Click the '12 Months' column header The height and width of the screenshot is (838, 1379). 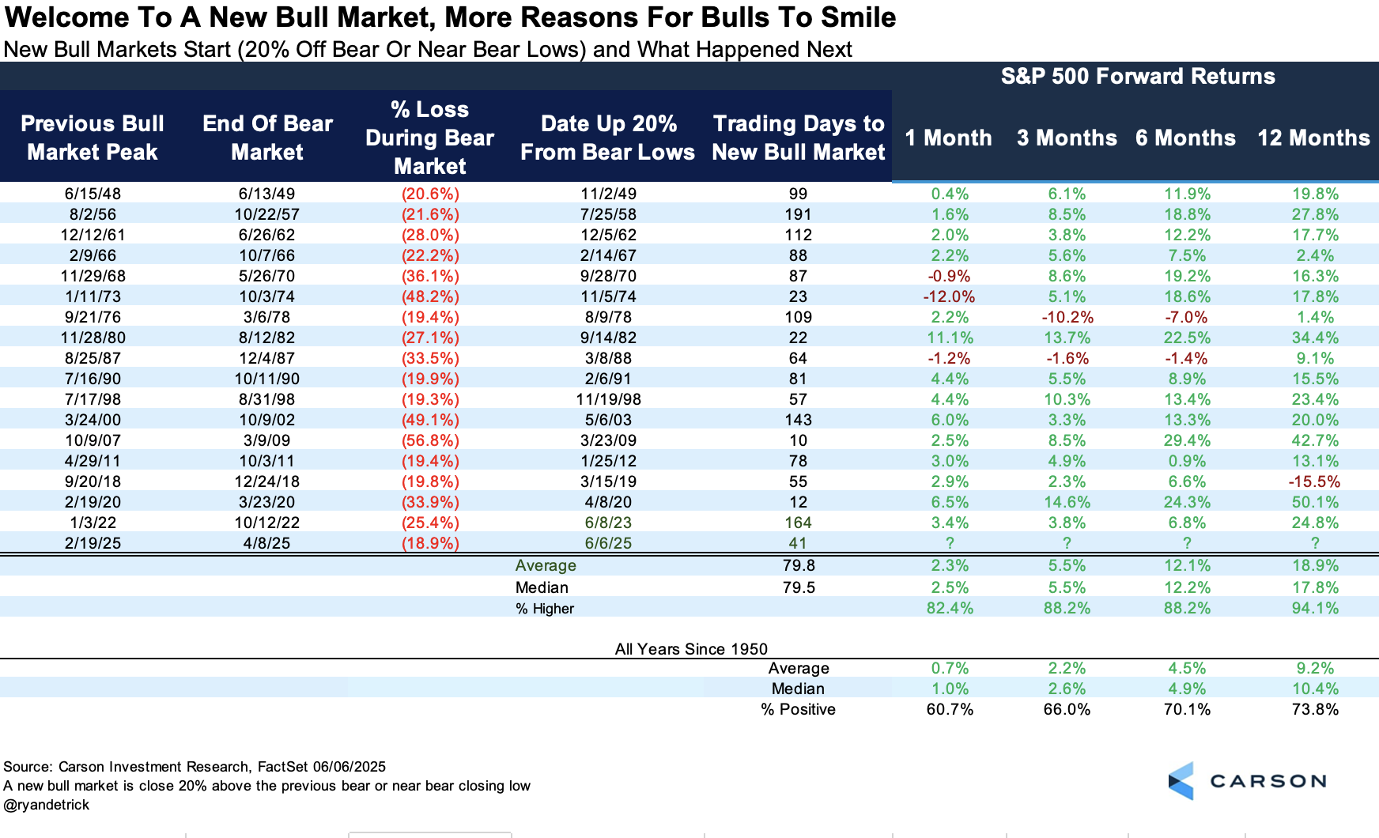point(1313,138)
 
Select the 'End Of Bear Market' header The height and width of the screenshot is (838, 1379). point(267,138)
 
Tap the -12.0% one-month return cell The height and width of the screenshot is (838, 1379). point(949,296)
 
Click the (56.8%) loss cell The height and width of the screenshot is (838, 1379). point(430,440)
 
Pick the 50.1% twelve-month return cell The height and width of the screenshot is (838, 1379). point(1315,502)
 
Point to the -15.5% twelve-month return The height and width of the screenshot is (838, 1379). point(1314,481)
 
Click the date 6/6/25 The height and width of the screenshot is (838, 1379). point(608,543)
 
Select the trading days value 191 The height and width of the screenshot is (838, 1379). point(798,214)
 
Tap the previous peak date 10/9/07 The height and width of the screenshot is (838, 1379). point(93,440)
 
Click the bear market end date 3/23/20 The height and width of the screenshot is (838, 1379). point(267,502)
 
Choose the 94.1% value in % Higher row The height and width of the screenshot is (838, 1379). point(1315,608)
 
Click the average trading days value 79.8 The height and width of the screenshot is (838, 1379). point(799,565)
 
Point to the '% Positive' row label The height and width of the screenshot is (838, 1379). point(798,709)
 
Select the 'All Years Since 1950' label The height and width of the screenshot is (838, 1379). point(691,649)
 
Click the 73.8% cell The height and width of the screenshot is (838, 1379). point(1315,709)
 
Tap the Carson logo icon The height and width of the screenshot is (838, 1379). point(1181,781)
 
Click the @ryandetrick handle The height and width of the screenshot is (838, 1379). point(47,805)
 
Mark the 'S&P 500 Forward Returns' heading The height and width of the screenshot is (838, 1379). point(1138,76)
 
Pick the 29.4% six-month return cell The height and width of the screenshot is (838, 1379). point(1186,440)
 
